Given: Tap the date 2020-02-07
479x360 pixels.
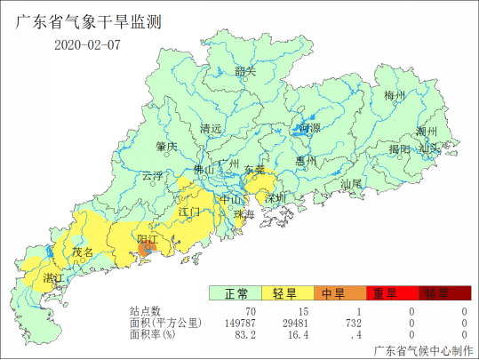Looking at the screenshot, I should coord(86,44).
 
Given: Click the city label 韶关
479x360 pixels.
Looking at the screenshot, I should coord(245,72).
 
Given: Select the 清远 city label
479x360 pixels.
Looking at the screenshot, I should coord(211,128).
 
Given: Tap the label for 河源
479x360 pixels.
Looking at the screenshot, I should coord(310,128).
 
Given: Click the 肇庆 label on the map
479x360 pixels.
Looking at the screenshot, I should coord(166,145).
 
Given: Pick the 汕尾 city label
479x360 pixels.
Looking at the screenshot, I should coord(352,184).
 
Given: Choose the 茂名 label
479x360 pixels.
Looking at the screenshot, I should coord(83,253).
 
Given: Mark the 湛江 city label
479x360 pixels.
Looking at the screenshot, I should coord(53,279).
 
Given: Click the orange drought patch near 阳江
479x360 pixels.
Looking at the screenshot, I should coord(144,252).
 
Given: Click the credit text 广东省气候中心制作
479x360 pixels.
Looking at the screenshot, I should coord(424,350).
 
